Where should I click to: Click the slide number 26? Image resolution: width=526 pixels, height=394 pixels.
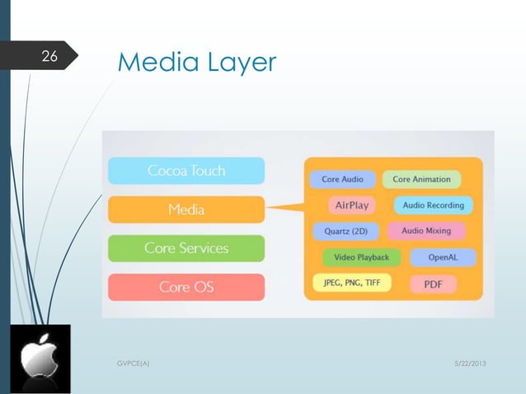(x=49, y=57)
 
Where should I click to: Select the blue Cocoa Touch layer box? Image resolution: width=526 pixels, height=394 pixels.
(x=186, y=171)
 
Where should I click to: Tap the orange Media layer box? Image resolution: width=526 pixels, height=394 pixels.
(x=186, y=209)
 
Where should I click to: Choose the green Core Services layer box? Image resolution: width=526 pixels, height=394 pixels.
(x=186, y=248)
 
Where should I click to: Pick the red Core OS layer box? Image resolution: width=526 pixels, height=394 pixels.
(x=186, y=287)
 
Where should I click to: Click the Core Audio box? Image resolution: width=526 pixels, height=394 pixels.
(x=342, y=179)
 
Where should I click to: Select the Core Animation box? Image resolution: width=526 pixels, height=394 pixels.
(x=421, y=179)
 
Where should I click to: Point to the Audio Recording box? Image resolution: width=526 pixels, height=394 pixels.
(x=433, y=204)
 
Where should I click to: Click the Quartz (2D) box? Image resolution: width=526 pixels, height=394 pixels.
(x=345, y=231)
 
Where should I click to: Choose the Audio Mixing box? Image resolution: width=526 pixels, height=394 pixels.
(x=426, y=231)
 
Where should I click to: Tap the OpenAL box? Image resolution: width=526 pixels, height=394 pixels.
(x=443, y=257)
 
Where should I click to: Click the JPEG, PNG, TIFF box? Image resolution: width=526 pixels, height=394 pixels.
(x=351, y=283)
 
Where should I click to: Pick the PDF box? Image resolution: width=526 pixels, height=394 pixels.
(x=434, y=284)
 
